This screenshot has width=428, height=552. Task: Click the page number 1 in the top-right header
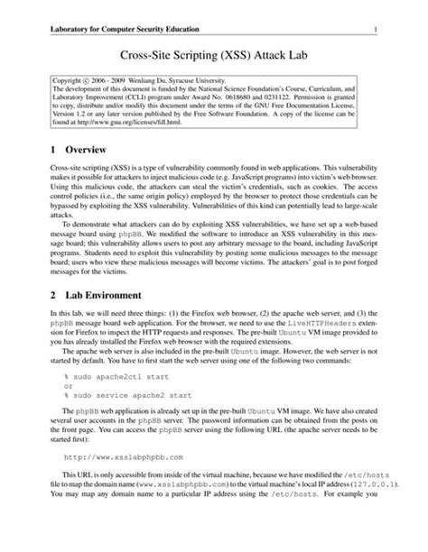[374, 30]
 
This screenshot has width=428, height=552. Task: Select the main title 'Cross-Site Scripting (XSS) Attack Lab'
[213, 56]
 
